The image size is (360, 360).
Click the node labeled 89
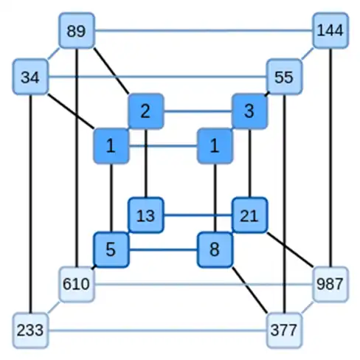[x=77, y=30]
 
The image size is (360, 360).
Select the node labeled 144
[x=330, y=30]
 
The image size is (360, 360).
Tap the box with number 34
[x=30, y=77]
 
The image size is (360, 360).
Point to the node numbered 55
[x=284, y=77]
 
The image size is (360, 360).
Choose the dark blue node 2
[x=146, y=111]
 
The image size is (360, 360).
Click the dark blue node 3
[x=249, y=111]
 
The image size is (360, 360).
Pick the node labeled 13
[x=146, y=215]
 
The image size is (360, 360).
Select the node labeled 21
[x=249, y=215]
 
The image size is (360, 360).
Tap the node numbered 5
[x=111, y=250]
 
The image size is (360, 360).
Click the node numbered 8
[x=215, y=250]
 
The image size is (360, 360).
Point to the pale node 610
[x=77, y=284]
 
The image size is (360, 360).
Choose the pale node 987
[x=330, y=284]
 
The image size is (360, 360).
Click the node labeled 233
[x=30, y=330]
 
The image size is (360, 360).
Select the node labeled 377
[x=284, y=330]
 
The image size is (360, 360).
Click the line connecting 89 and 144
[x=204, y=31]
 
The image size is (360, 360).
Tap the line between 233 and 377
[x=157, y=330]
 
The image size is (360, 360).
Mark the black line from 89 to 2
[x=111, y=71]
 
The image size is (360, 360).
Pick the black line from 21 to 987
[x=290, y=249]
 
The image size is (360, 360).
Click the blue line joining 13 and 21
[x=198, y=215]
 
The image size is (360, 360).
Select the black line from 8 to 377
[x=249, y=290]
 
